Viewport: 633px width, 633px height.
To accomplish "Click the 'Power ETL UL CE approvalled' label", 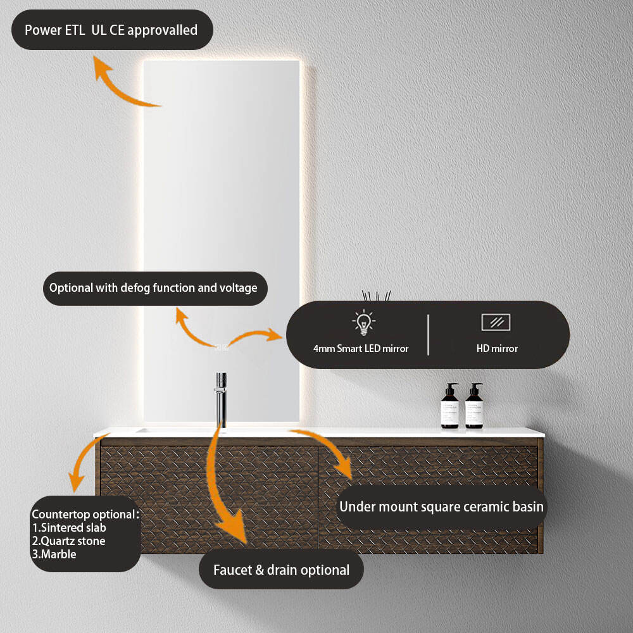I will tap(111, 30).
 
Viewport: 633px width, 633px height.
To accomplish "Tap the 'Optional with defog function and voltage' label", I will tap(153, 288).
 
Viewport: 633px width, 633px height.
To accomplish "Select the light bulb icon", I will tap(363, 322).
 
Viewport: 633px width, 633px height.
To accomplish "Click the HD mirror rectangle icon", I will tap(496, 322).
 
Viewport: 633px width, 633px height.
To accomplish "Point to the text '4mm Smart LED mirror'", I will tap(361, 348).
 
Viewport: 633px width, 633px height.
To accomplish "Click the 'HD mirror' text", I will tap(497, 348).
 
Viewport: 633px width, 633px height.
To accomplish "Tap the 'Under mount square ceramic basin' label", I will tap(441, 506).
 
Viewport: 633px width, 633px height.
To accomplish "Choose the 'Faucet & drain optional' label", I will tap(281, 570).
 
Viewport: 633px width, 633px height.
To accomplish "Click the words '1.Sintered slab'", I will tap(69, 527).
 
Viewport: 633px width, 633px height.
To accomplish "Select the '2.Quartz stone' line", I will tap(68, 541).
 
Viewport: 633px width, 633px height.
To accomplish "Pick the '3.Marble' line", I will tap(54, 554).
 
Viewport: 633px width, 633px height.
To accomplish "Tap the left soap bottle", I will tap(450, 406).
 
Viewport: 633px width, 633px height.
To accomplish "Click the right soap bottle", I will tap(474, 406).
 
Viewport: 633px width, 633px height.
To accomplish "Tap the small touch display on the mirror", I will tap(221, 347).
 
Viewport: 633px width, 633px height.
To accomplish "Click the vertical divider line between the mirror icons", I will tap(429, 334).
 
